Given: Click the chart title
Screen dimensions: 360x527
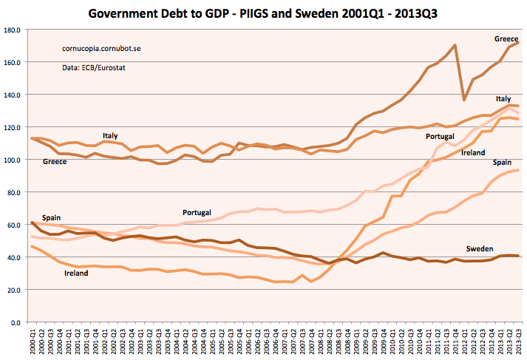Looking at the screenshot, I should click(262, 13).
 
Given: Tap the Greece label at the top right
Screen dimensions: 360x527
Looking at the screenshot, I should click(506, 38).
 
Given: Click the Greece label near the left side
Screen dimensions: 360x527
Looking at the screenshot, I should click(55, 161).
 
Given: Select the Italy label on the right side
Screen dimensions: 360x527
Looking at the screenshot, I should click(503, 98).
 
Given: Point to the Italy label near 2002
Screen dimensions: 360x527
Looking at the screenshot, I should click(110, 136).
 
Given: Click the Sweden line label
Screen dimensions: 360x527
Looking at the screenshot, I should click(479, 248).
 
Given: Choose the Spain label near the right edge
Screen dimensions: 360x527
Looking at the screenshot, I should click(502, 161).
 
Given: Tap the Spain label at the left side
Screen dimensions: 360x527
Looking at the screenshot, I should click(51, 218).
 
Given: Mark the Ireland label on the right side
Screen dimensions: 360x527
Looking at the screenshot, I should click(473, 152).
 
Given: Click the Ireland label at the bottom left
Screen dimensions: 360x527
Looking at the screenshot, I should click(75, 274).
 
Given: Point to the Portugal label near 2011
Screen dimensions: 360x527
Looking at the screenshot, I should click(441, 137).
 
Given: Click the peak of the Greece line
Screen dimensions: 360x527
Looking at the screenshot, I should click(455, 45).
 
